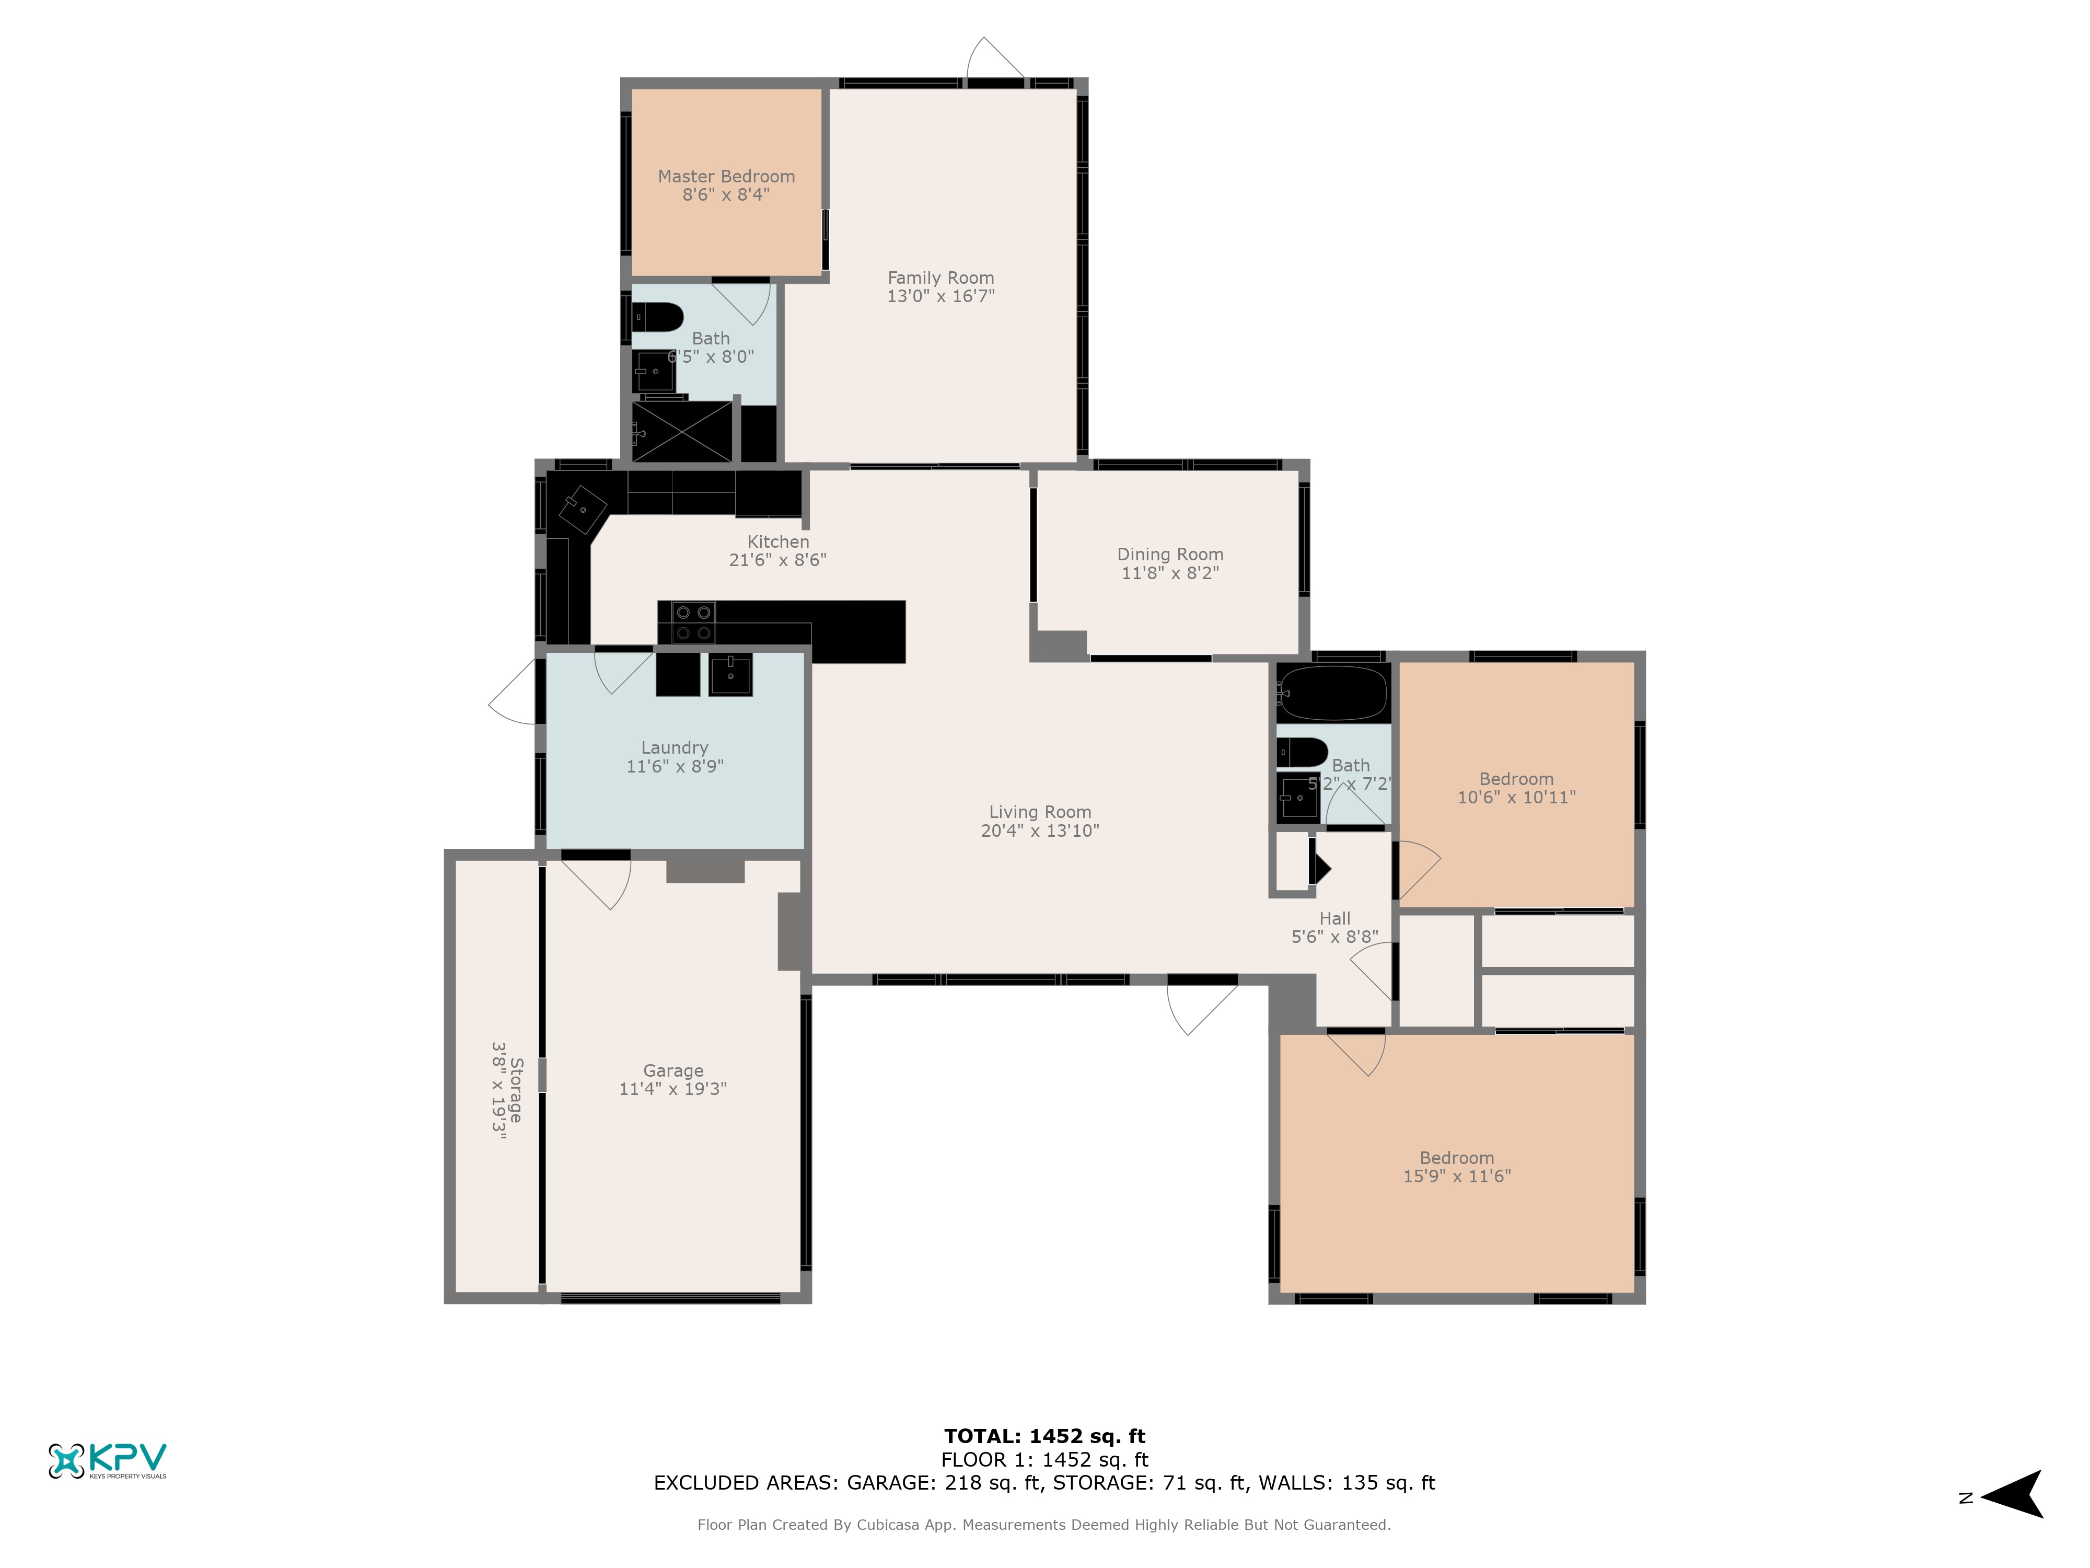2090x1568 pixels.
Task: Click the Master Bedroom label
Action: click(x=726, y=177)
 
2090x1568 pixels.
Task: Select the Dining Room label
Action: click(x=1170, y=555)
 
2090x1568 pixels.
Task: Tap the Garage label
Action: click(x=673, y=1071)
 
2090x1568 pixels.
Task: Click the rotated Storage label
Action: click(x=516, y=1090)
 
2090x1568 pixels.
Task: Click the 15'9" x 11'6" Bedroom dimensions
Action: click(x=1456, y=1176)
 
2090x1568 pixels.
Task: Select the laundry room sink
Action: click(x=730, y=675)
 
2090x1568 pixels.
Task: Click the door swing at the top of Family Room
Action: click(x=994, y=59)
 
